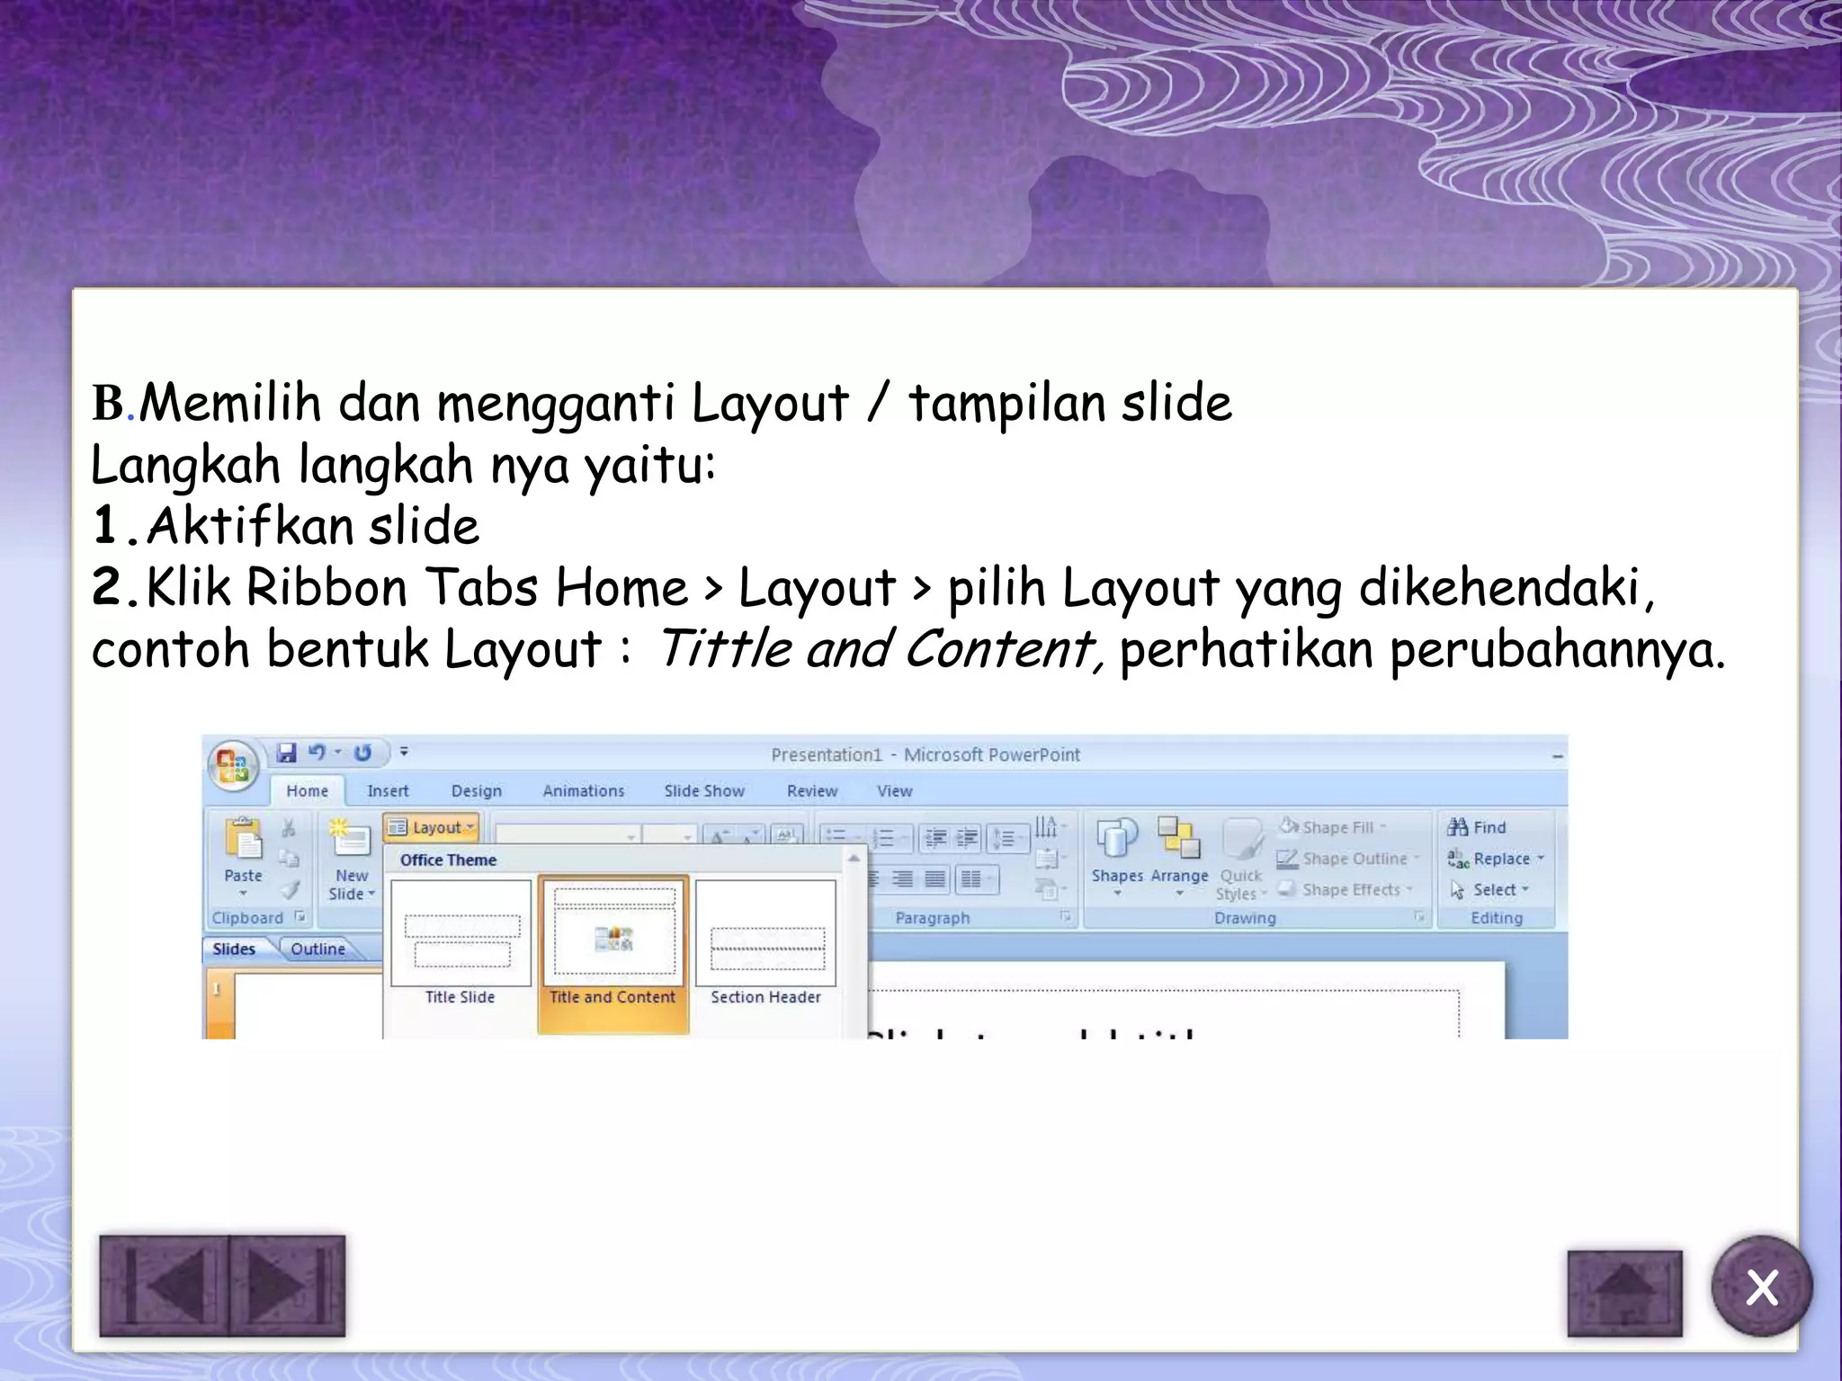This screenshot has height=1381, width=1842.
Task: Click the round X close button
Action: click(x=1761, y=1287)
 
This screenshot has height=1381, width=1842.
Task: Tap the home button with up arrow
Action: click(x=1624, y=1293)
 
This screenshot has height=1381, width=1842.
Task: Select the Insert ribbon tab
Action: click(x=388, y=791)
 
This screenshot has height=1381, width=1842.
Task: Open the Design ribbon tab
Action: click(x=476, y=791)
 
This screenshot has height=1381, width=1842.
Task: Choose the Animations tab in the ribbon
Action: click(x=583, y=791)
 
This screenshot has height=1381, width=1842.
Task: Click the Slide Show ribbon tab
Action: click(x=704, y=791)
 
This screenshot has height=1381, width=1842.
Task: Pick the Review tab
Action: click(x=811, y=791)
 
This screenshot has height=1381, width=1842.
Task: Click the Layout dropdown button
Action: click(x=432, y=827)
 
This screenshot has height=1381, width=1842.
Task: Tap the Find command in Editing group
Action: click(x=1478, y=827)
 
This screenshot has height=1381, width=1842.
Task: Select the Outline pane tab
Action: click(x=317, y=949)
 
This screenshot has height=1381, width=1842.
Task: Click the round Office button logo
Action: click(x=233, y=766)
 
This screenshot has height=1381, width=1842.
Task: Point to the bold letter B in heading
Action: click(x=108, y=403)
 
